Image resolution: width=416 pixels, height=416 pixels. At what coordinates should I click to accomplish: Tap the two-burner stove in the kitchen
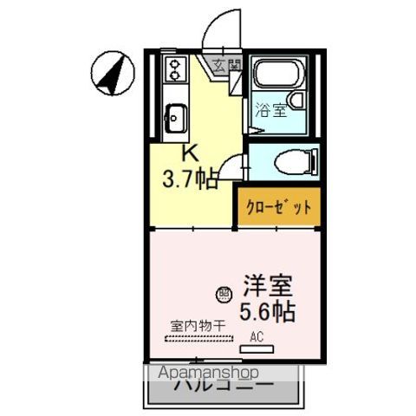coord(175,71)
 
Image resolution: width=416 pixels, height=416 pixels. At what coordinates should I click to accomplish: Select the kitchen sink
coord(175,114)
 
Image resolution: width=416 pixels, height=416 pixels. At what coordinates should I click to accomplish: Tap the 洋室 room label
coord(266,285)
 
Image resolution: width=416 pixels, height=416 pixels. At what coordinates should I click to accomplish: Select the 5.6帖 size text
coord(267,311)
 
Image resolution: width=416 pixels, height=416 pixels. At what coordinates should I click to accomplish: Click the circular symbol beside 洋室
coord(224,294)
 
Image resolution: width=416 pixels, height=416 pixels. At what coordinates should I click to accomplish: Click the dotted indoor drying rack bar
coord(198,339)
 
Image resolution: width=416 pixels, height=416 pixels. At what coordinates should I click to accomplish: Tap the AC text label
coord(257,336)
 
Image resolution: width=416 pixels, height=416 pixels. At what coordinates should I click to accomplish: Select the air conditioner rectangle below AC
coord(257,349)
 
